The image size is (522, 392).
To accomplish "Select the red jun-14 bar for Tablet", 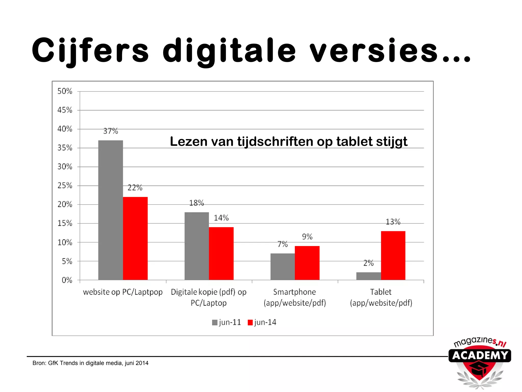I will (x=393, y=255).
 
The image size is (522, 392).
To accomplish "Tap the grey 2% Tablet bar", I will (x=368, y=276).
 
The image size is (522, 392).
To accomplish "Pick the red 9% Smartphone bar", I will (x=307, y=263).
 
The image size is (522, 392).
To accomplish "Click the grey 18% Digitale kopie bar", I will (x=197, y=246).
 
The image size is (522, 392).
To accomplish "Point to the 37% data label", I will (x=110, y=131).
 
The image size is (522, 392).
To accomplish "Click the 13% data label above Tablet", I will (x=393, y=222).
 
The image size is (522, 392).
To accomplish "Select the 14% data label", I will (x=221, y=218).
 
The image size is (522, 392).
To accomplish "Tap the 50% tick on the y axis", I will (x=65, y=91).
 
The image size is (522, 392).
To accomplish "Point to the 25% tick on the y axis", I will (x=65, y=186).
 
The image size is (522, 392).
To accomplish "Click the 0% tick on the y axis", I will (x=67, y=280).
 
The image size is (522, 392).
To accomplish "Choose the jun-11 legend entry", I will (x=226, y=322).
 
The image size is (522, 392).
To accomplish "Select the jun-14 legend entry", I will (x=262, y=322).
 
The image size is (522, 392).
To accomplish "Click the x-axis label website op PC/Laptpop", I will (x=123, y=292).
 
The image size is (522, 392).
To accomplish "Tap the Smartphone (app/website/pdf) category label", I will (x=295, y=297).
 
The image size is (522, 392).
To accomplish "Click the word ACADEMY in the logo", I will (x=480, y=356).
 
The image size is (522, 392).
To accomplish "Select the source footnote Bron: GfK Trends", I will (x=90, y=363).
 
